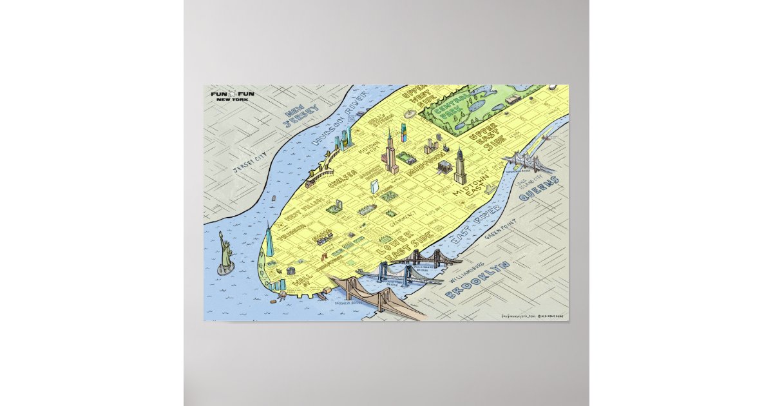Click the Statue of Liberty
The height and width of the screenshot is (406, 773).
pyautogui.click(x=226, y=250)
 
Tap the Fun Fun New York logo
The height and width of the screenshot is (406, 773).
pyautogui.click(x=233, y=96)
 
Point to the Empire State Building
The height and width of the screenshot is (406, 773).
pyautogui.click(x=390, y=152)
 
